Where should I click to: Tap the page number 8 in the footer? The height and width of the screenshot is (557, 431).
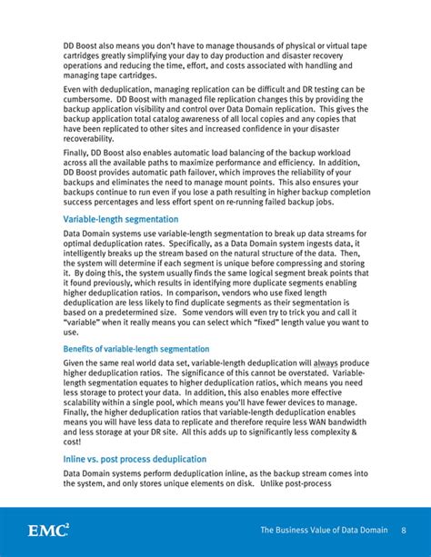coord(402,530)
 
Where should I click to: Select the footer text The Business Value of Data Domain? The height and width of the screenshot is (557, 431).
coord(323,530)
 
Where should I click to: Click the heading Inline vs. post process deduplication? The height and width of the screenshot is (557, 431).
coord(135,459)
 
